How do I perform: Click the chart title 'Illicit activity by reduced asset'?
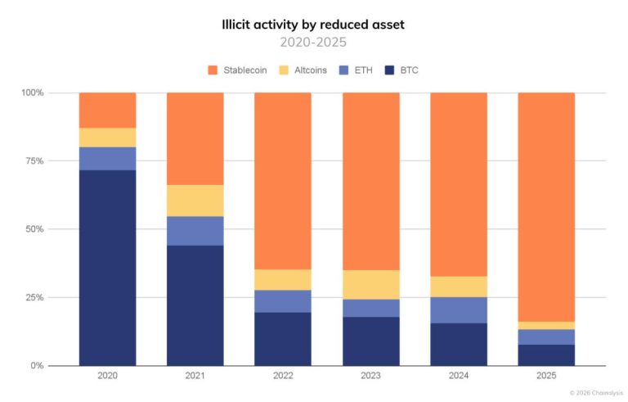coord(314,25)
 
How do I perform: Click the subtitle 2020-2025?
coord(314,42)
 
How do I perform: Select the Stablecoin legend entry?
coord(240,70)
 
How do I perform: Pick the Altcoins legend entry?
coord(303,70)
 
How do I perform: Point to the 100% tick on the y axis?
coord(32,93)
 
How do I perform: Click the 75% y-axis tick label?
coord(34,161)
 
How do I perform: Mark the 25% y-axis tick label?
coord(34,297)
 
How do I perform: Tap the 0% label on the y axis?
coord(36,366)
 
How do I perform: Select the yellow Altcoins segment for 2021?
coord(195,201)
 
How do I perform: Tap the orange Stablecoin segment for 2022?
coord(283,180)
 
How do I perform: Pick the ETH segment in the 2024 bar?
coord(459,309)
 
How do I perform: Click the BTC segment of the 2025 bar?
coord(546,355)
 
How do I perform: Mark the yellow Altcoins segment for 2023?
coord(370,284)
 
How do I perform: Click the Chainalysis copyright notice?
coord(596,393)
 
